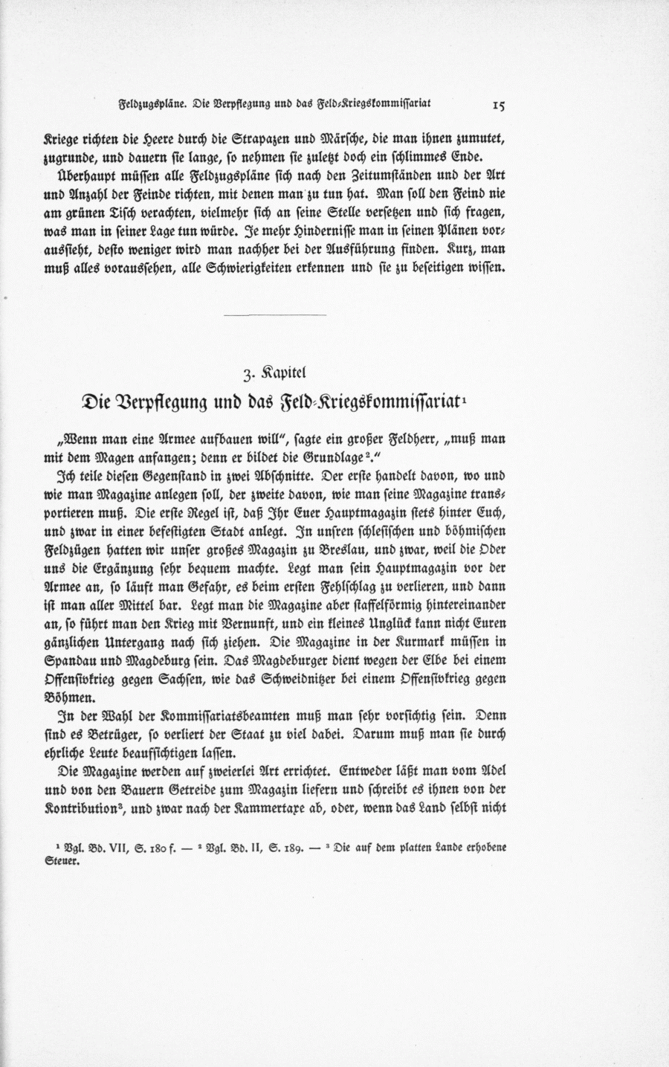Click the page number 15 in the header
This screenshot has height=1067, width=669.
tap(498, 106)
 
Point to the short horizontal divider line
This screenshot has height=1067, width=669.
tap(275, 317)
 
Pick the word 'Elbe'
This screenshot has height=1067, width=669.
tap(422, 659)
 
